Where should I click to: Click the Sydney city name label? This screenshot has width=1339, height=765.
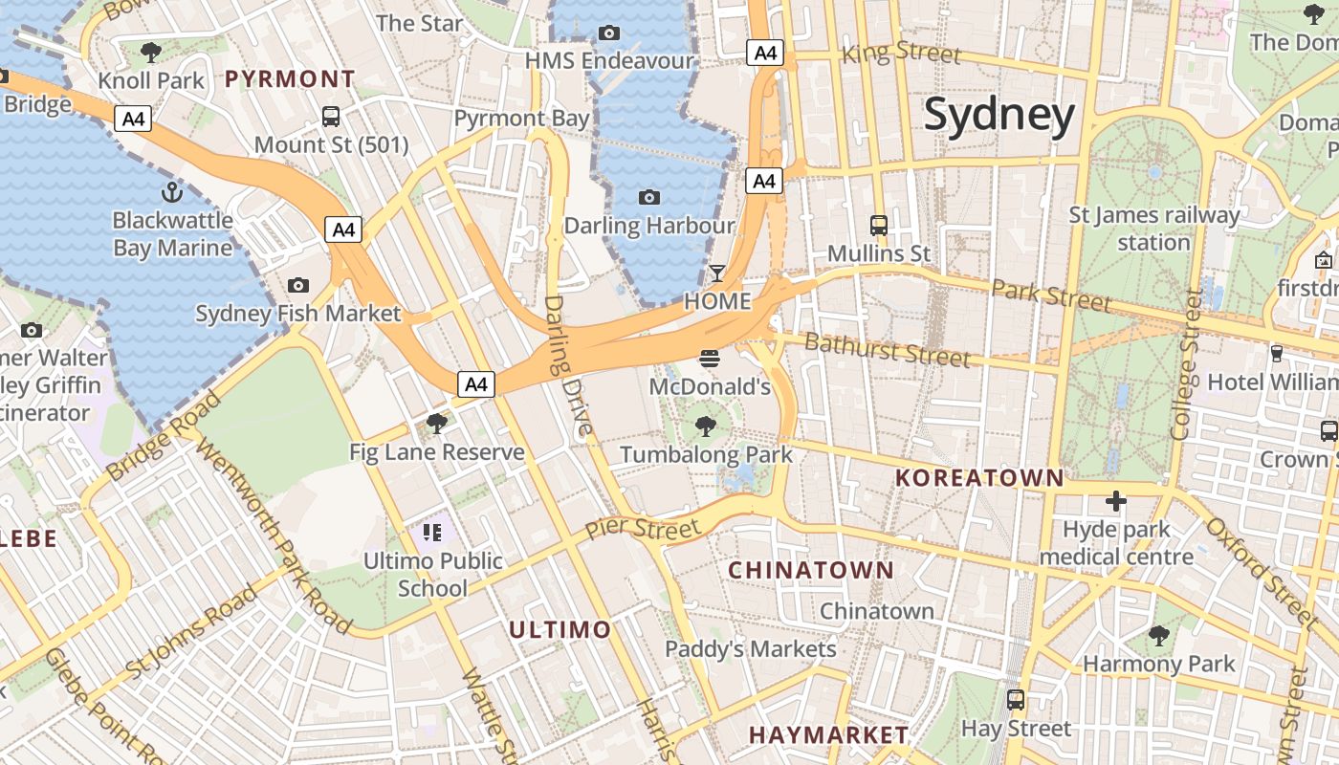coord(999,115)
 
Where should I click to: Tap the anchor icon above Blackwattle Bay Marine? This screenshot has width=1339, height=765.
coord(172,192)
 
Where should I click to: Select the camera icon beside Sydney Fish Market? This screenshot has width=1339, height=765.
coord(298,285)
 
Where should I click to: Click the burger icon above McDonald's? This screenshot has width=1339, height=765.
coord(710,359)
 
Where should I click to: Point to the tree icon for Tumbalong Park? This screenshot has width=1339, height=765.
coord(706,426)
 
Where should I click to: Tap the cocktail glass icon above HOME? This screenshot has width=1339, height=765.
coord(717,273)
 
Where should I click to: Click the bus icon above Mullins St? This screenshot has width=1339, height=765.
coord(878,226)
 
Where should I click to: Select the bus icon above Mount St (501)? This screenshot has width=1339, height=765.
coord(331,117)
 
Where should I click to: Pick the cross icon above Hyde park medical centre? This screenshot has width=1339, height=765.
coord(1115,501)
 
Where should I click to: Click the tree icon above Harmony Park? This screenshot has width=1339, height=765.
coord(1158,635)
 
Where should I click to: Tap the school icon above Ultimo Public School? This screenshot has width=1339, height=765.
coord(432,533)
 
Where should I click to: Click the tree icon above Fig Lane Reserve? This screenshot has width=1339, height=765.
coord(437,424)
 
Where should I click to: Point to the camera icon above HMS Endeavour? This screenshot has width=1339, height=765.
coord(609,33)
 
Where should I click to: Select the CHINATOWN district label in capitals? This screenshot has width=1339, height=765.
coord(811,571)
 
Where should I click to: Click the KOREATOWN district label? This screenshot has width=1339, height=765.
coord(979,478)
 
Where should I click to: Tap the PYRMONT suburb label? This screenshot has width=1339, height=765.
coord(290,79)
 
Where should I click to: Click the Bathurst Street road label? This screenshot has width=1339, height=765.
coord(887,349)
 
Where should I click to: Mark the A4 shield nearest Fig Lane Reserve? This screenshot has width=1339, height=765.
coord(476,384)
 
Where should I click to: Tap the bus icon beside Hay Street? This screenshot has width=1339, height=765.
coord(1016,700)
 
